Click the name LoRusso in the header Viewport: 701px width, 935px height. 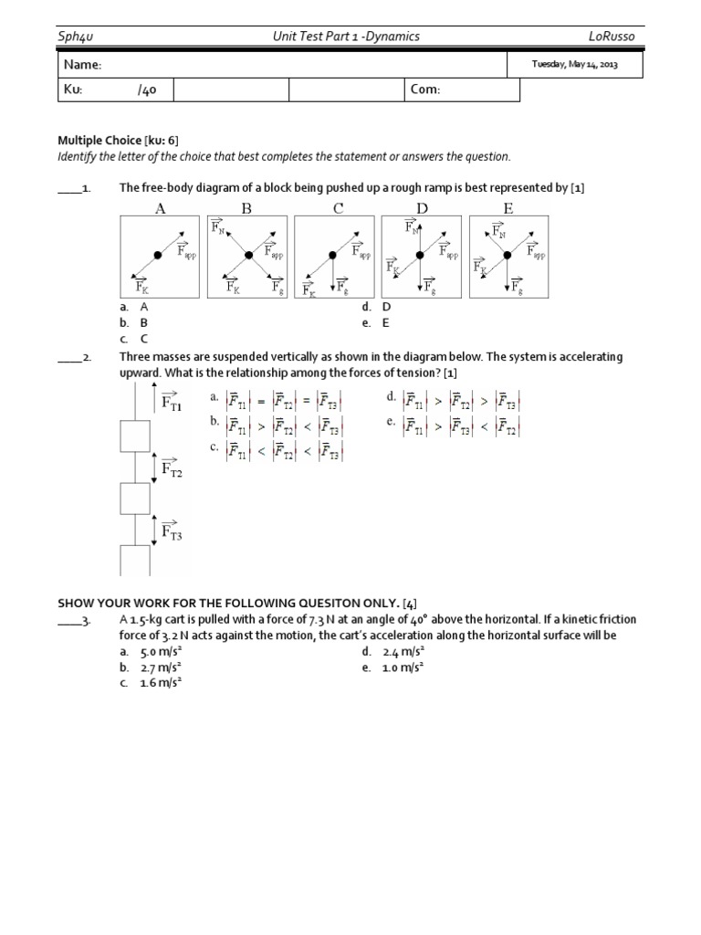pyautogui.click(x=617, y=36)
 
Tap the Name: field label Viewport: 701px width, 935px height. pyautogui.click(x=82, y=65)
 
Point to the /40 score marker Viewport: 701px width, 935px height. pyautogui.click(x=147, y=89)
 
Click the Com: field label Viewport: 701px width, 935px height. pyautogui.click(x=425, y=89)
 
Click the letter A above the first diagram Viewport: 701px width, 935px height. pyautogui.click(x=161, y=208)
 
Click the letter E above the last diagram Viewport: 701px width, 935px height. pyautogui.click(x=508, y=208)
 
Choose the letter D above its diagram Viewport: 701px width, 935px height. pyautogui.click(x=422, y=208)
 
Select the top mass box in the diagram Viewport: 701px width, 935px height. pyautogui.click(x=134, y=436)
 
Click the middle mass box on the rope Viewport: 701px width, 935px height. pyautogui.click(x=134, y=499)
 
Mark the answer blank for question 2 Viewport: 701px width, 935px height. pyautogui.click(x=69, y=357)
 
